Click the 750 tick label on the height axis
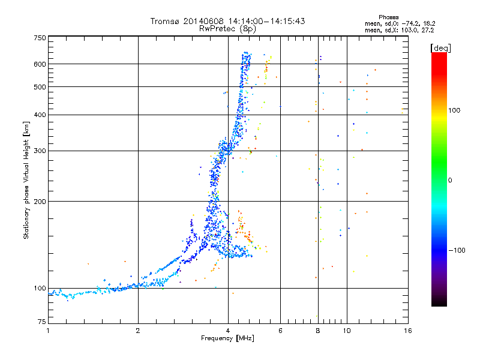40,38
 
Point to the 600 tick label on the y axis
40,64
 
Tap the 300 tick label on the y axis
40,151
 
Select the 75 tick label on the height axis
42,322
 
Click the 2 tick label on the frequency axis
138,331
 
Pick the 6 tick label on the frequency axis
280,331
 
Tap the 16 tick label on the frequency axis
408,331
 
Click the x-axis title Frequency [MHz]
227,338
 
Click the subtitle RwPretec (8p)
227,29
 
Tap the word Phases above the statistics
388,17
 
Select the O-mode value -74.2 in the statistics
409,23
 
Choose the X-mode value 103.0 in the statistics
409,30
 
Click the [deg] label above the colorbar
440,48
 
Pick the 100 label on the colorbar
454,110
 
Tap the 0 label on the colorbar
449,181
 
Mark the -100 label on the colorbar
457,250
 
